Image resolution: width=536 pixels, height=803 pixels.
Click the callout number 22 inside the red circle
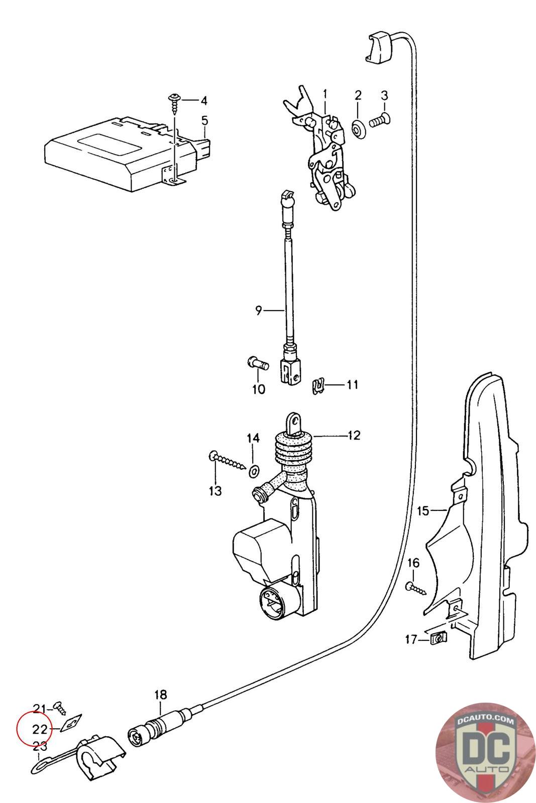[x=40, y=729]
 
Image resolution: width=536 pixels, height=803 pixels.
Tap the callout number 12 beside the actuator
[x=353, y=435]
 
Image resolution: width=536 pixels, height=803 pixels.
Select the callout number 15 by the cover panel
[x=422, y=511]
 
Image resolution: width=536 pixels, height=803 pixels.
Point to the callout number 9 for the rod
[x=258, y=311]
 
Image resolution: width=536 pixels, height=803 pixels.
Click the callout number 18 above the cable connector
[x=160, y=695]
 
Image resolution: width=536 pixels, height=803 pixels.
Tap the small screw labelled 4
[x=175, y=101]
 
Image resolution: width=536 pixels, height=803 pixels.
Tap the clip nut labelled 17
[x=438, y=638]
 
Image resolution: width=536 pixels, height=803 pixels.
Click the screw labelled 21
[x=60, y=709]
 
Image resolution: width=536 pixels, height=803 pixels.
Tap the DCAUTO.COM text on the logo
[x=485, y=720]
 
